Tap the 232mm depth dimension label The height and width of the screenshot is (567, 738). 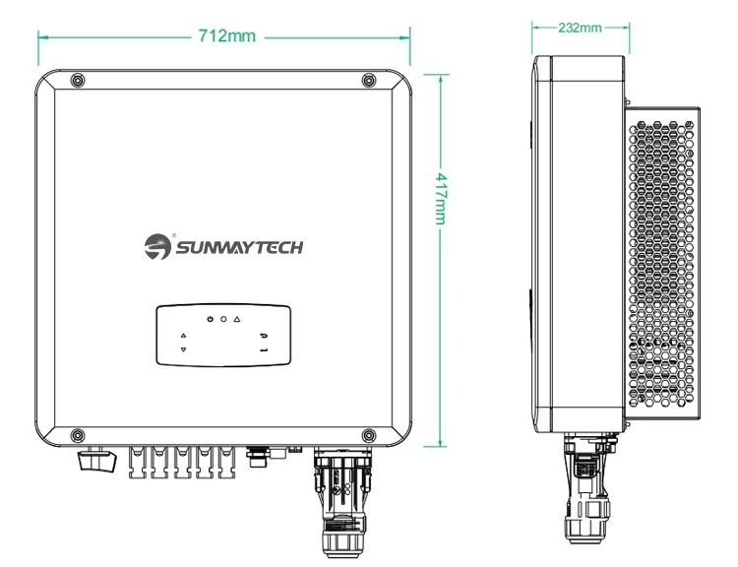(580, 28)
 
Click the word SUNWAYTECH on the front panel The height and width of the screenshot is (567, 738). (240, 245)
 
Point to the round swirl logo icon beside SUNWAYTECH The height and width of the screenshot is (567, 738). (157, 246)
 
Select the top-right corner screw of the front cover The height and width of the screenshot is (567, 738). (368, 80)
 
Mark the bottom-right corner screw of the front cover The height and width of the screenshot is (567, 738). (368, 434)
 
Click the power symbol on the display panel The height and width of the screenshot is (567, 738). (211, 321)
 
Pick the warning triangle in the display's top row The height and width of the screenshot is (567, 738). (237, 321)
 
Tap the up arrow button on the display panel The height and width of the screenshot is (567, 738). (183, 336)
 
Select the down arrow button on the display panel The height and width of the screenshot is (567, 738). (183, 350)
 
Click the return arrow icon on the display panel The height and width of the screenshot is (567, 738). (264, 336)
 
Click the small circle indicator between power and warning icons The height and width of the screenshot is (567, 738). (223, 321)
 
